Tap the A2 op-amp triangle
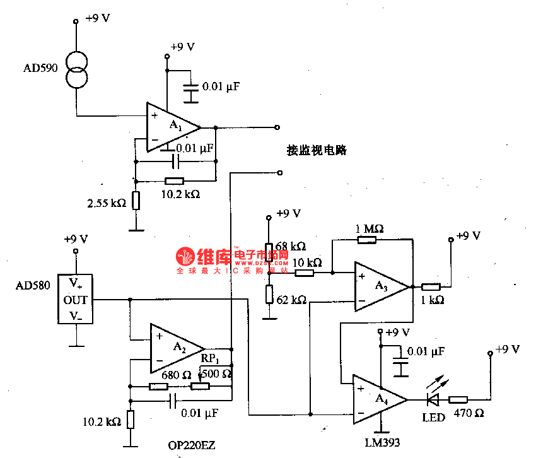point(175,348)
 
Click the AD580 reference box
point(76,300)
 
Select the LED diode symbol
point(433,399)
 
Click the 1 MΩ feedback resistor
point(366,239)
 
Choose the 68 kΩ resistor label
point(291,246)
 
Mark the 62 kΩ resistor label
point(291,300)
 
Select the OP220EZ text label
point(192,445)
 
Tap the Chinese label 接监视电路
point(317,151)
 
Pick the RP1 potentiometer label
point(210,359)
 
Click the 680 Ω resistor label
point(176,375)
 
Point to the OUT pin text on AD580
point(75,300)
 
